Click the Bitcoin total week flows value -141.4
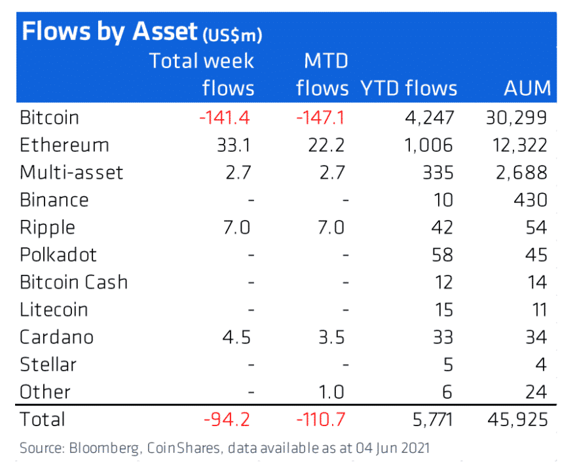[225, 118]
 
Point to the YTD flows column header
[409, 88]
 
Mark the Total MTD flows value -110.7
[321, 419]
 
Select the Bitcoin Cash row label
[73, 282]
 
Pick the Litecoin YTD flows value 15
[443, 310]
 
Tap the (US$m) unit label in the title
[232, 35]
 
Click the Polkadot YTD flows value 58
[443, 255]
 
